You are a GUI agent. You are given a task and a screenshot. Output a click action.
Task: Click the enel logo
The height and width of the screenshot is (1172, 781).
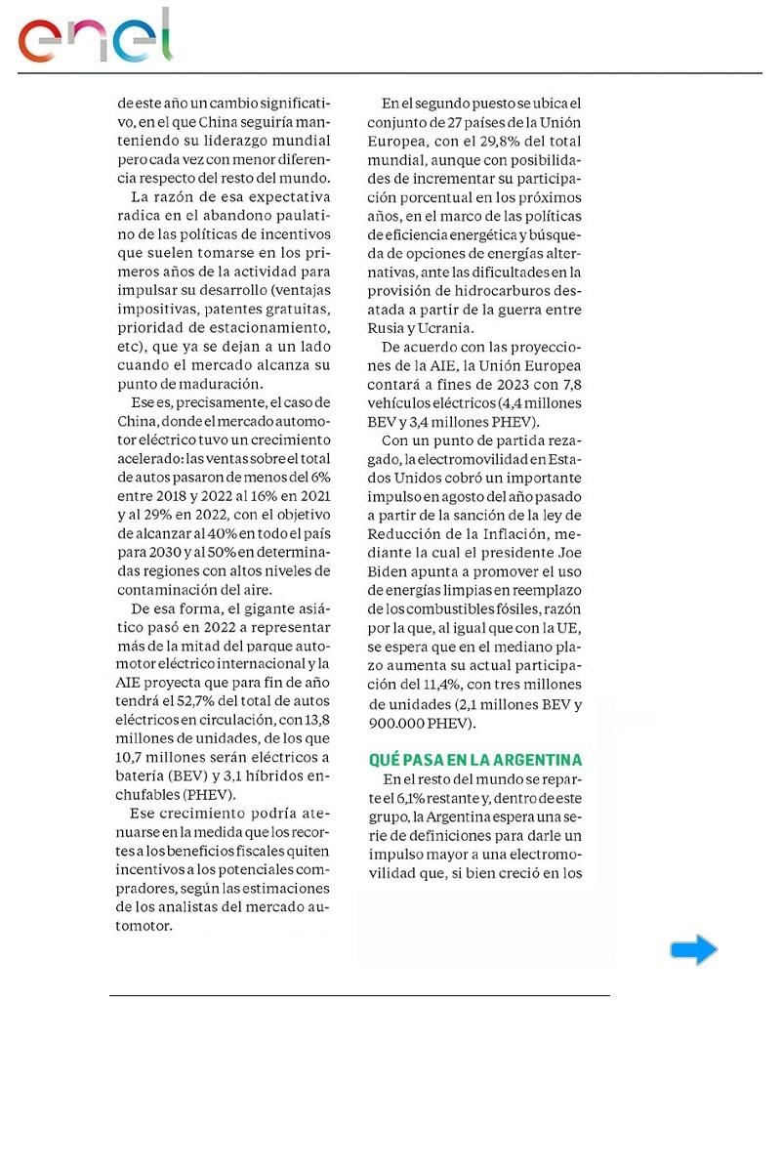click(x=95, y=37)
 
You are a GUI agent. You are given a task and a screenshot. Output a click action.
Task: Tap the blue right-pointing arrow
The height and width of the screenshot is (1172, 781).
click(x=693, y=949)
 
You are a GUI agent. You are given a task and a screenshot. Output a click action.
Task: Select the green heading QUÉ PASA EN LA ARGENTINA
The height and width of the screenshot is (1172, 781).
click(x=475, y=759)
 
